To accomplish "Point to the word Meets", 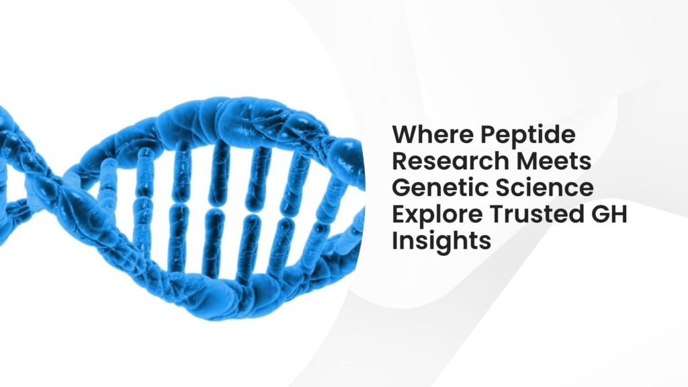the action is [x=554, y=161].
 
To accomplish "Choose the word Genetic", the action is [x=440, y=187].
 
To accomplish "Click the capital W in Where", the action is [x=405, y=134].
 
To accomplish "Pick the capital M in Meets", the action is [x=527, y=161].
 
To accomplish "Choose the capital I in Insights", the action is [x=394, y=241].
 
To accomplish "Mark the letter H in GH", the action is [x=619, y=214].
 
